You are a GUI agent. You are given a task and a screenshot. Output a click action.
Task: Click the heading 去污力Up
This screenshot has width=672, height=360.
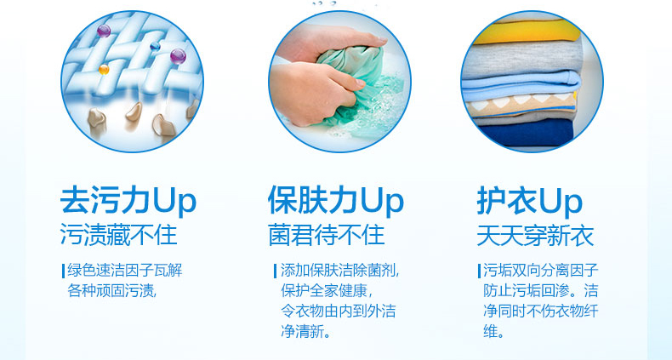[128, 201]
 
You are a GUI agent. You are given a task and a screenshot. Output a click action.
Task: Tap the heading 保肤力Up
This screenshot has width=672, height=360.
[335, 201]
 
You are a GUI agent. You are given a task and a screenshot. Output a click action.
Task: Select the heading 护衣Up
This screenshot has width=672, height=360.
[530, 201]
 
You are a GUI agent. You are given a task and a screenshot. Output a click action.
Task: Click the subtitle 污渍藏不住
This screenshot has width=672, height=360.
[119, 235]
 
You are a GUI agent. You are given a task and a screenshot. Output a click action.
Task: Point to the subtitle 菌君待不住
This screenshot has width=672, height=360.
[327, 235]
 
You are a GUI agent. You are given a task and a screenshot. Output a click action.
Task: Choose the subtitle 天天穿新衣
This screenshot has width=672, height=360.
[535, 235]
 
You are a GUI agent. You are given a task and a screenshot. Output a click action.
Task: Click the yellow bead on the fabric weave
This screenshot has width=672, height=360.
[104, 69]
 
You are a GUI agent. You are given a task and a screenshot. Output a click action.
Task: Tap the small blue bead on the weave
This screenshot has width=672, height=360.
[155, 46]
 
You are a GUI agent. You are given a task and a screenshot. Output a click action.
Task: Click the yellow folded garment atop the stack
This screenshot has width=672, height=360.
[527, 31]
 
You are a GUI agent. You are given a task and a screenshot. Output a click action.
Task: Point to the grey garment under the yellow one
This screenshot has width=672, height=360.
[523, 59]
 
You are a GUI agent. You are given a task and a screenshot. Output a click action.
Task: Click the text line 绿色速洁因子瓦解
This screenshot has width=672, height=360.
[125, 271]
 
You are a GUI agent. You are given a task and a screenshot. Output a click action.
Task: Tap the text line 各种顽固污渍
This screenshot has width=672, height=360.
[111, 290]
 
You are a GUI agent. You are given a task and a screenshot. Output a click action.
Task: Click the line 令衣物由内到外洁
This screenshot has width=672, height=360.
[339, 311]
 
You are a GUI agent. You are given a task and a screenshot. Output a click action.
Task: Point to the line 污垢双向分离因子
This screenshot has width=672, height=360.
[541, 271]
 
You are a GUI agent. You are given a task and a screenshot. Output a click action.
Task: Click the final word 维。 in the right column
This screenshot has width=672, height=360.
[493, 331]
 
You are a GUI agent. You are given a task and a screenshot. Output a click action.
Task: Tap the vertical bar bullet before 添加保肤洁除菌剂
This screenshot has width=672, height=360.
[275, 271]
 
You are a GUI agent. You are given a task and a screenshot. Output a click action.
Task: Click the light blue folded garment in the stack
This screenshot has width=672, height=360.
[521, 85]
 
